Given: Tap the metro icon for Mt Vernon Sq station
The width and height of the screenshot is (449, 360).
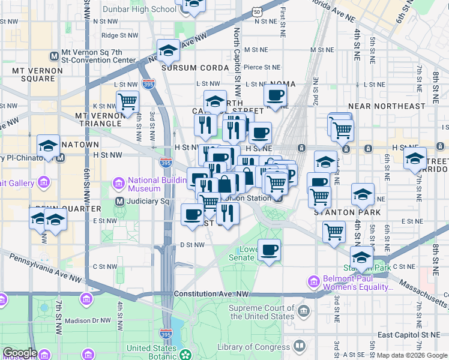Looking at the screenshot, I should (x=55, y=56).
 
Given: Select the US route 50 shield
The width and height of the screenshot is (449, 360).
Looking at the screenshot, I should (x=256, y=12).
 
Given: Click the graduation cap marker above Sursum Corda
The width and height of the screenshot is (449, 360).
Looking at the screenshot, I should (x=169, y=50).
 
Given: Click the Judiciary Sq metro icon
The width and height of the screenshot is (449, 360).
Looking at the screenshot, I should (x=119, y=202).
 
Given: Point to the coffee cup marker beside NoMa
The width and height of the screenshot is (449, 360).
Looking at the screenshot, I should (x=275, y=94).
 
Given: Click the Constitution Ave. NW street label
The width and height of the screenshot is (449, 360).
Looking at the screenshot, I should (x=211, y=293).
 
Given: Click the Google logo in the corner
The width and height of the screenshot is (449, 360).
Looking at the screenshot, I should (x=20, y=353).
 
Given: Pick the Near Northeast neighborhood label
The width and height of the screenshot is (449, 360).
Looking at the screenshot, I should (x=390, y=106).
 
